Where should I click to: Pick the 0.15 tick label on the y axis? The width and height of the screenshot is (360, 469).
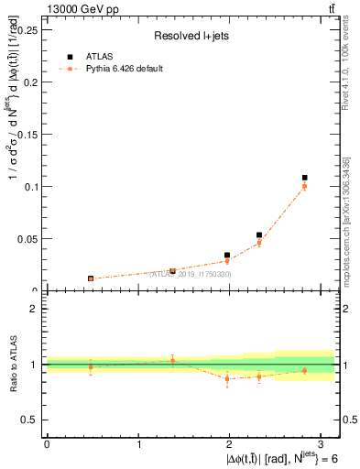pos(27,134)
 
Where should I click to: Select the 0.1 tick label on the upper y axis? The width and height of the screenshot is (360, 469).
pos(29,187)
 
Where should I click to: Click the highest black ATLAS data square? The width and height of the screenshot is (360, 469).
pos(305,178)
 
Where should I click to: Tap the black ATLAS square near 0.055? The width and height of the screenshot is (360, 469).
pos(259,235)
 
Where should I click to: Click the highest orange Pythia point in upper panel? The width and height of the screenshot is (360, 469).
pos(305,186)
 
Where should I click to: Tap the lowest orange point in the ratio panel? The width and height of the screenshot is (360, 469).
pos(227,378)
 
